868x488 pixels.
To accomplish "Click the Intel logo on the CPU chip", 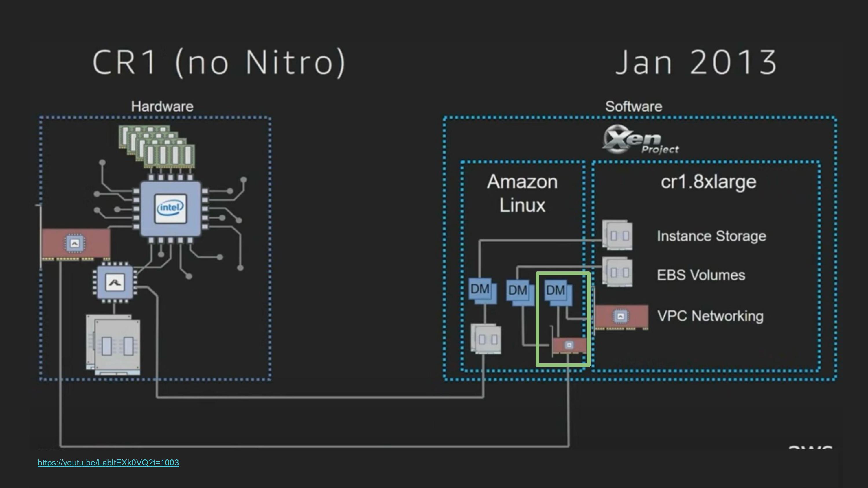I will pyautogui.click(x=170, y=208).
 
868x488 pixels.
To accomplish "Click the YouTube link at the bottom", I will pyautogui.click(x=108, y=462).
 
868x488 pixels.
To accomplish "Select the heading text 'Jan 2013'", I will pyautogui.click(x=696, y=62).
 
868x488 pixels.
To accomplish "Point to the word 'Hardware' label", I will pyautogui.click(x=162, y=106).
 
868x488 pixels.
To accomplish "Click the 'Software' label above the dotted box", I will pyautogui.click(x=633, y=106).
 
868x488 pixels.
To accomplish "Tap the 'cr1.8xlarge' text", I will pyautogui.click(x=708, y=182).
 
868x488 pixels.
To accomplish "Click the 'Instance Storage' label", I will pyautogui.click(x=711, y=236).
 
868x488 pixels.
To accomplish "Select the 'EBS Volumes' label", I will pyautogui.click(x=701, y=275).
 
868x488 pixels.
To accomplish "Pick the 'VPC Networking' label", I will pyautogui.click(x=710, y=316).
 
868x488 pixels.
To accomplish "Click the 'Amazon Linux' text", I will pyautogui.click(x=522, y=193).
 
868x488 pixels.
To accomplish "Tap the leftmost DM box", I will pyautogui.click(x=482, y=290).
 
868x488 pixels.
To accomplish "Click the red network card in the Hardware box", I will pyautogui.click(x=76, y=243).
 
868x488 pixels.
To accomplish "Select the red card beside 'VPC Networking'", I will pyautogui.click(x=621, y=317).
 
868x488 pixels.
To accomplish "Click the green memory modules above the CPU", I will pyautogui.click(x=157, y=147).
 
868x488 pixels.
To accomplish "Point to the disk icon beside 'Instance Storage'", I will pyautogui.click(x=617, y=235).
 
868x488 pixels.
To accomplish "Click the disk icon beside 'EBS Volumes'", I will pyautogui.click(x=617, y=272).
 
